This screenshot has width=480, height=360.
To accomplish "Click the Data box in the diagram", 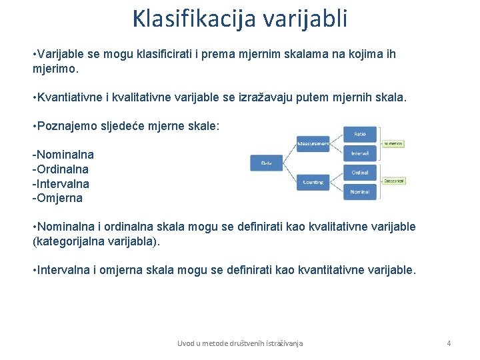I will point(266,162).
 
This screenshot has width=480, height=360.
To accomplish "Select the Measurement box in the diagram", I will point(313,143).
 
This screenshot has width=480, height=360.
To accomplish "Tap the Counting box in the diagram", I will point(313,182).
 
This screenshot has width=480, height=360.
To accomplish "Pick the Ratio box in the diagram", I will point(360,134).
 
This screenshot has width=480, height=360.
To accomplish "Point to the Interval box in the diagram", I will point(360,153).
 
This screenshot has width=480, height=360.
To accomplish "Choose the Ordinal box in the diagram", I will point(360,173).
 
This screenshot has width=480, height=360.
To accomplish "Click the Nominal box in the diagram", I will point(360,192).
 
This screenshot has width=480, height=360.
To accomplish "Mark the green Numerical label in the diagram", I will point(393,143).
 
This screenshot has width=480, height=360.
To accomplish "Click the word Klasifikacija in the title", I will point(194,19).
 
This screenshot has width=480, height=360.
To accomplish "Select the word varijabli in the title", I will point(305,19).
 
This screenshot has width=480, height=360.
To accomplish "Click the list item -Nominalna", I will point(63,155).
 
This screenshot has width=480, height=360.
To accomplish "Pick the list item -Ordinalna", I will point(61,169).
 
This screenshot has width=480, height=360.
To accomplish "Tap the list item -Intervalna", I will point(61,183).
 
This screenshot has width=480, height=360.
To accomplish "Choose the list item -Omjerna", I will point(57,198).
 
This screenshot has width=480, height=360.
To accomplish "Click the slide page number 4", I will point(449,343).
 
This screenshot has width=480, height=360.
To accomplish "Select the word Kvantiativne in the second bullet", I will point(70,97).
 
